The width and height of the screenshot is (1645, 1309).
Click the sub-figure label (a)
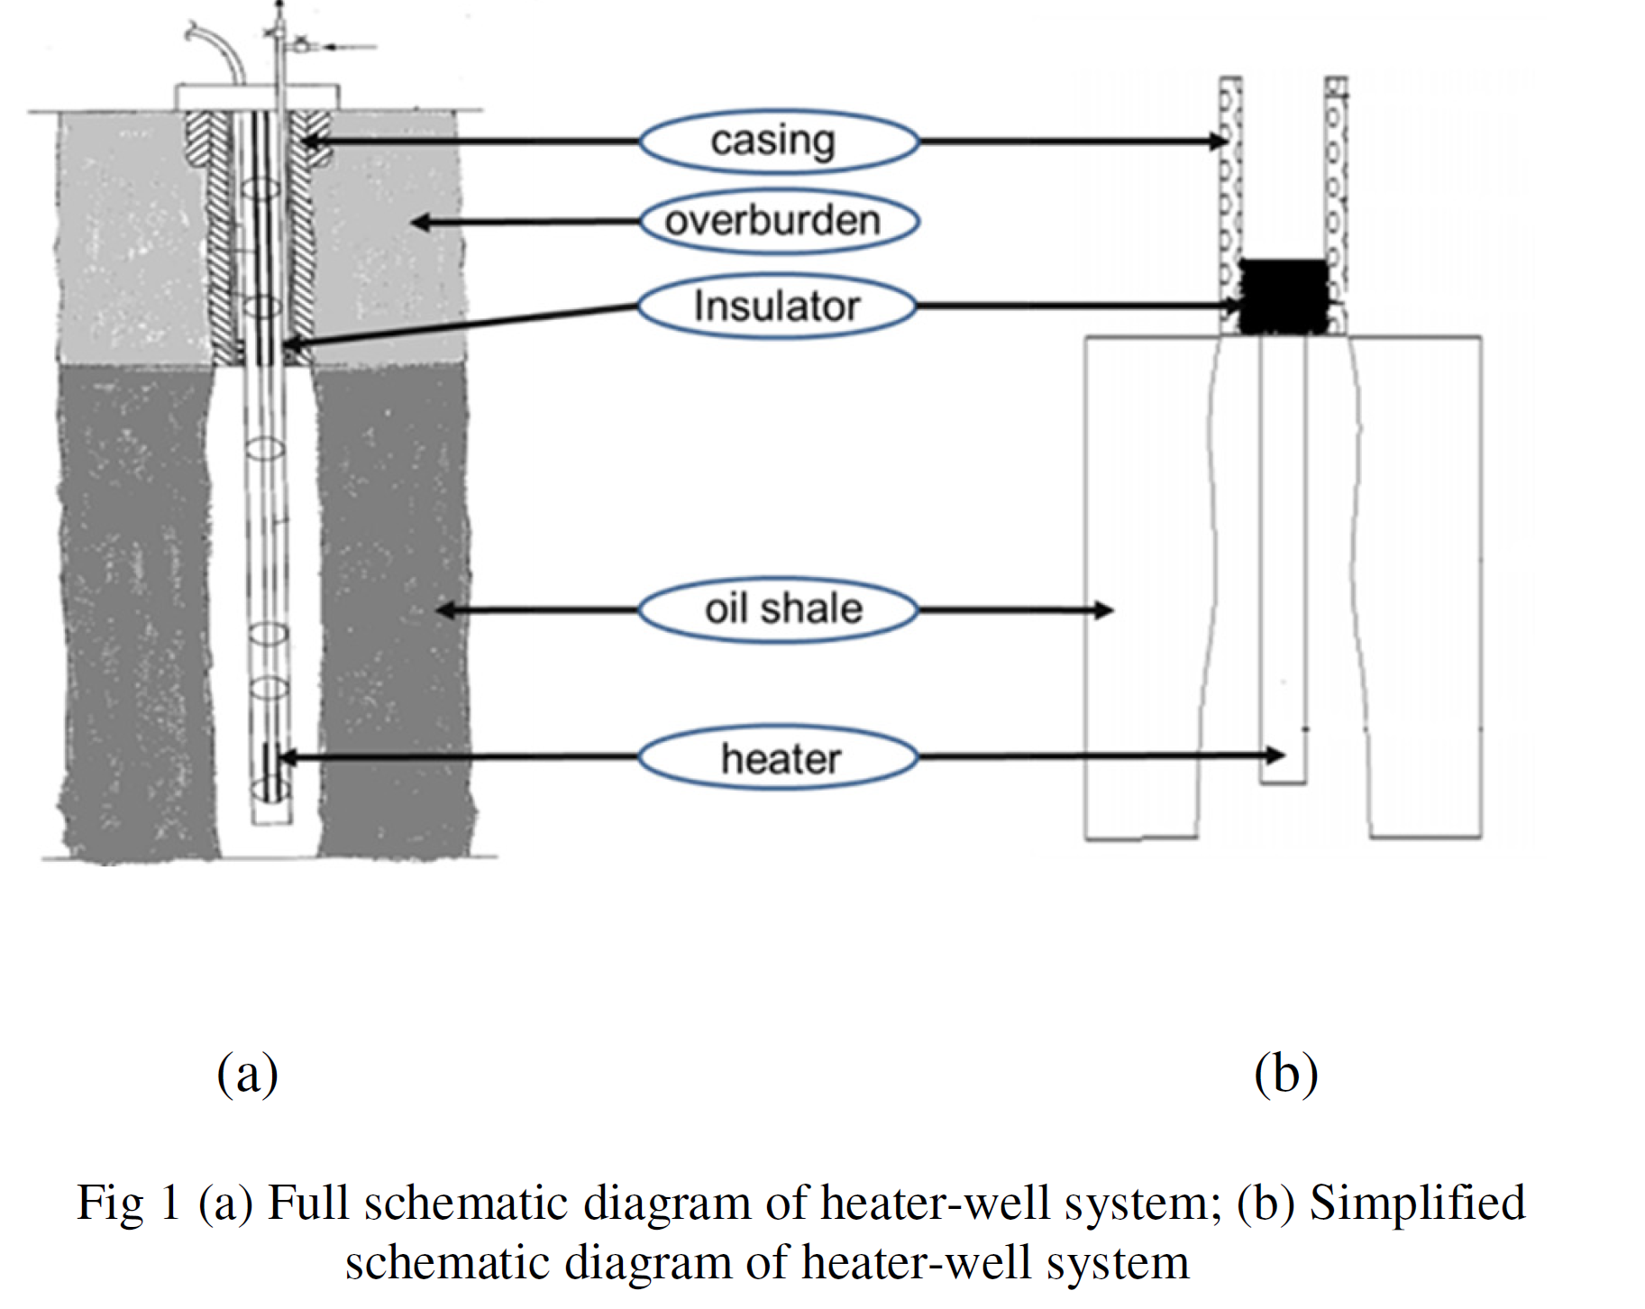click(248, 1073)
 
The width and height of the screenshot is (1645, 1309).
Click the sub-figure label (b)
click(1286, 1073)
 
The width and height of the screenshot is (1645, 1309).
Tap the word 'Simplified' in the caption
click(1417, 1203)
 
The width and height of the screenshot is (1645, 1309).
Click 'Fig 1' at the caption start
click(129, 1203)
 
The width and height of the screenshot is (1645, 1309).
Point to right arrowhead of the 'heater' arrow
click(1275, 755)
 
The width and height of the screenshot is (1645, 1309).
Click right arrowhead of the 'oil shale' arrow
click(1104, 610)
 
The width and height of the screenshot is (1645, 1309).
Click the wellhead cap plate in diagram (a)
click(258, 96)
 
